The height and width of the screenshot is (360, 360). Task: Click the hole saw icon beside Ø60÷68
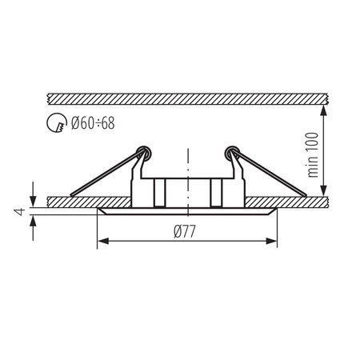(x=58, y=125)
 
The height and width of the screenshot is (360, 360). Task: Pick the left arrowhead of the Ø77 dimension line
(x=100, y=241)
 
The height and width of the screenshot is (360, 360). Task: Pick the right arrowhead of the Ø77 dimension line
(x=274, y=241)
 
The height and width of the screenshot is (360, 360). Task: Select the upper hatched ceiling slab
(x=187, y=97)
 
